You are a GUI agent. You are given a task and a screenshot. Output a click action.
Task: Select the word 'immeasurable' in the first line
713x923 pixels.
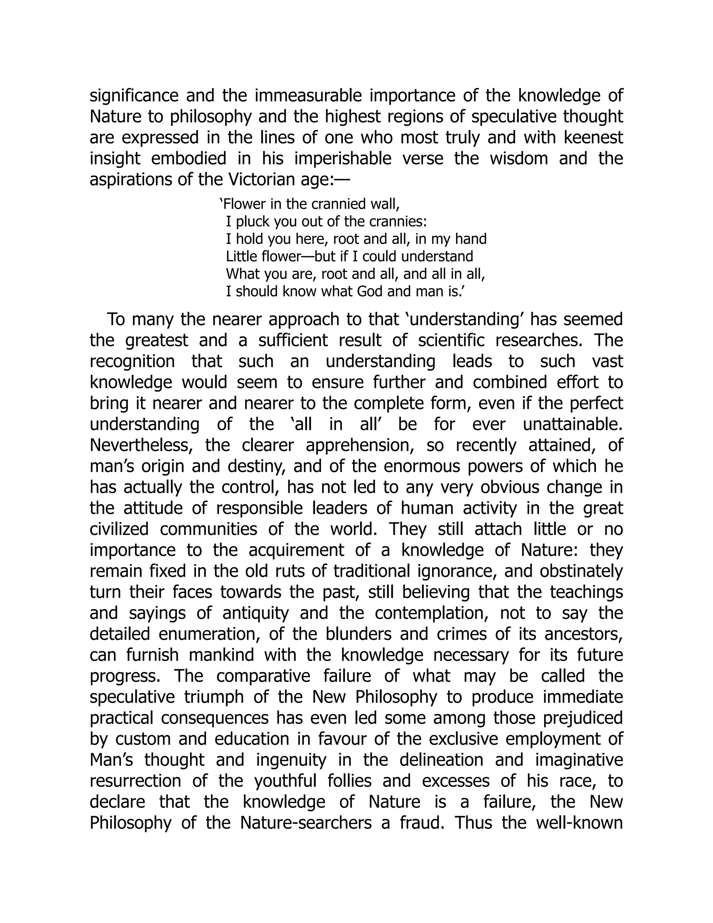(x=308, y=96)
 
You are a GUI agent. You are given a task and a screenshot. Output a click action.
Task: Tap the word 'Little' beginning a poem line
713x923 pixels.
(x=238, y=257)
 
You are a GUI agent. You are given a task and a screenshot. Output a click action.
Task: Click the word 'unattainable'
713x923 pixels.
(x=572, y=424)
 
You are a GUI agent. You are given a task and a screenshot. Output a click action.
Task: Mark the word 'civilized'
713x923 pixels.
(x=119, y=529)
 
